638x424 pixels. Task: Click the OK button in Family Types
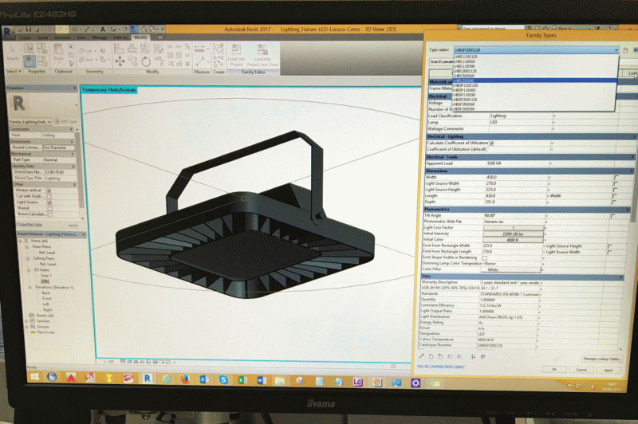pos(553,370)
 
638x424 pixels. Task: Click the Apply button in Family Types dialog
pos(608,370)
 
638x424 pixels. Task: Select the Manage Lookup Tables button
pos(601,359)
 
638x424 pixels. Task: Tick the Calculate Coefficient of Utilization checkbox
pos(491,143)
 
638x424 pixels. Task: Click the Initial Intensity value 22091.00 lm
pos(513,233)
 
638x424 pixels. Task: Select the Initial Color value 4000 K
pos(513,239)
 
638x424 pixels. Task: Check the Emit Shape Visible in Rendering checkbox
pos(484,257)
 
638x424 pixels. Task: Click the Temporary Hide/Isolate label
pos(109,90)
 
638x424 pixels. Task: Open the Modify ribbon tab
pos(140,37)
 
